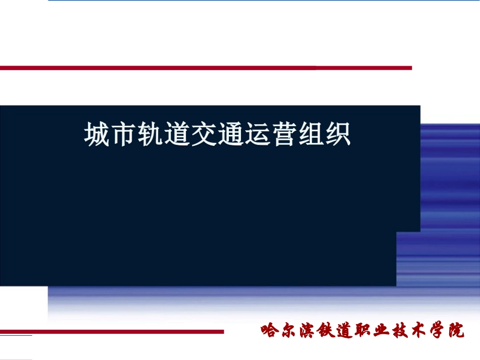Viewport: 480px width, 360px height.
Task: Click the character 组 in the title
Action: click(x=310, y=135)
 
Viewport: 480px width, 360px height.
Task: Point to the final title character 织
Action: click(x=337, y=135)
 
